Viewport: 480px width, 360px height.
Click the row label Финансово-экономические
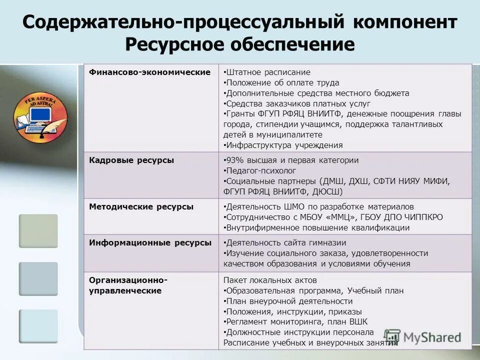149,72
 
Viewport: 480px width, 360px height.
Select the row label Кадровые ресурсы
131,160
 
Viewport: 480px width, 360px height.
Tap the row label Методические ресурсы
141,206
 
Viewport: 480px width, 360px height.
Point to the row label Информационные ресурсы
150,242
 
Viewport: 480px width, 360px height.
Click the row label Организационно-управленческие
128,285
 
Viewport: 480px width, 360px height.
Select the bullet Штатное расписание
268,72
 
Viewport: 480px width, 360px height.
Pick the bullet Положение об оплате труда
282,83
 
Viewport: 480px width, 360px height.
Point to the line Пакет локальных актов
270,280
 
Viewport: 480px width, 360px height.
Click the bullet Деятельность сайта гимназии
285,243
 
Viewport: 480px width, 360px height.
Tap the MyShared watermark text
432,337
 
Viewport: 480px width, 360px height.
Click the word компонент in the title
406,22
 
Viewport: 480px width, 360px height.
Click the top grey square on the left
38,231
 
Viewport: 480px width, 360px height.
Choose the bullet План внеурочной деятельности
289,301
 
